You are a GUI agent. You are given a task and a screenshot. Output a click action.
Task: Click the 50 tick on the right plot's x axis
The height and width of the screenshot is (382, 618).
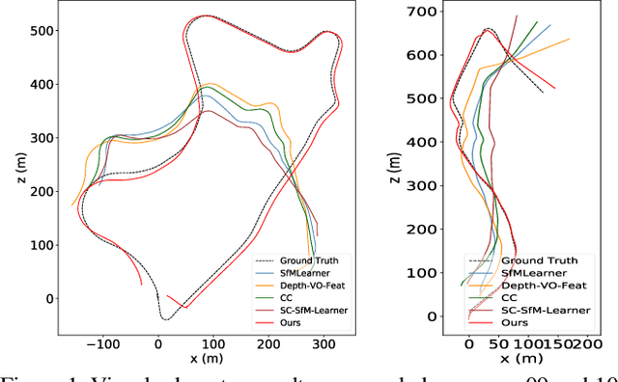(x=497, y=342)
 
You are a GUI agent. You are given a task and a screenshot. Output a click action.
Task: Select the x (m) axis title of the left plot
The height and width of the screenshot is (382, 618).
(x=204, y=359)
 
